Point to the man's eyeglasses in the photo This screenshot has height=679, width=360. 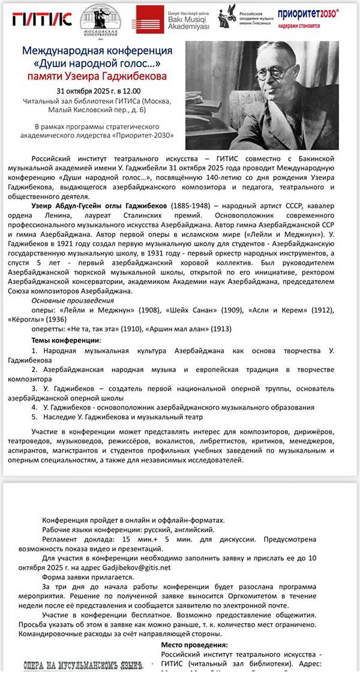(274, 74)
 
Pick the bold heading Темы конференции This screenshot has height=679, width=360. (66, 340)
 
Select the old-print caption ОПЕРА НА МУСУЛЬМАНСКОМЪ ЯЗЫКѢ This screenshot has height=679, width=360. (85, 665)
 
